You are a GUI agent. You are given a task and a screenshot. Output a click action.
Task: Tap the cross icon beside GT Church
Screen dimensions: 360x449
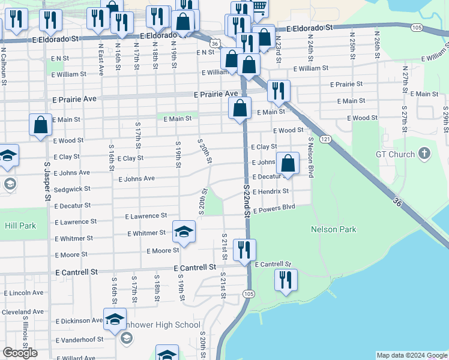[x=424, y=154]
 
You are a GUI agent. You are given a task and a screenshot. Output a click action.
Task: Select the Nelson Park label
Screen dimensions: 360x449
[x=334, y=229]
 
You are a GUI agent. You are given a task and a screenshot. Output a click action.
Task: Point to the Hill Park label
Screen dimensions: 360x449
[x=20, y=226]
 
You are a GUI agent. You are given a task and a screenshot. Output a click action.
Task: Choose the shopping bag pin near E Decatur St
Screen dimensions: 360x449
[x=288, y=164]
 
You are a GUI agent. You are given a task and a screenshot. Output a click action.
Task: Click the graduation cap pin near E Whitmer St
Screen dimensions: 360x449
[x=184, y=232]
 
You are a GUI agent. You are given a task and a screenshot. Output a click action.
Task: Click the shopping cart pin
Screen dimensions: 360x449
[x=259, y=8]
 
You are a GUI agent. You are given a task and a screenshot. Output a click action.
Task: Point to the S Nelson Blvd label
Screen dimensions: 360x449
[x=311, y=157]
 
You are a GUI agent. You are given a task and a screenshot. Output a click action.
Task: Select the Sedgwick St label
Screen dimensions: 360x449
[x=72, y=188]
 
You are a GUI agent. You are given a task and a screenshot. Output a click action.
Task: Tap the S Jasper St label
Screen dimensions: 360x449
[x=47, y=181]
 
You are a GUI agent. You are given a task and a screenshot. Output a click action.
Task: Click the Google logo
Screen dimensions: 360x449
[x=20, y=353]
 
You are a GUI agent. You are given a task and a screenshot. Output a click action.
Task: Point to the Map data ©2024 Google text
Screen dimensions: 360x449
[x=412, y=355]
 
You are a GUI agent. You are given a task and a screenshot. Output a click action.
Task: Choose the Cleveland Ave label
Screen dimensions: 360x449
[x=23, y=312]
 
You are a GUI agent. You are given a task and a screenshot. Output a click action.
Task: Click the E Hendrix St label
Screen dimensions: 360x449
[x=271, y=191]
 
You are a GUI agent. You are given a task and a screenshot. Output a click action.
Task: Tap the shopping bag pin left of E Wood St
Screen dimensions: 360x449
[x=40, y=126]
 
